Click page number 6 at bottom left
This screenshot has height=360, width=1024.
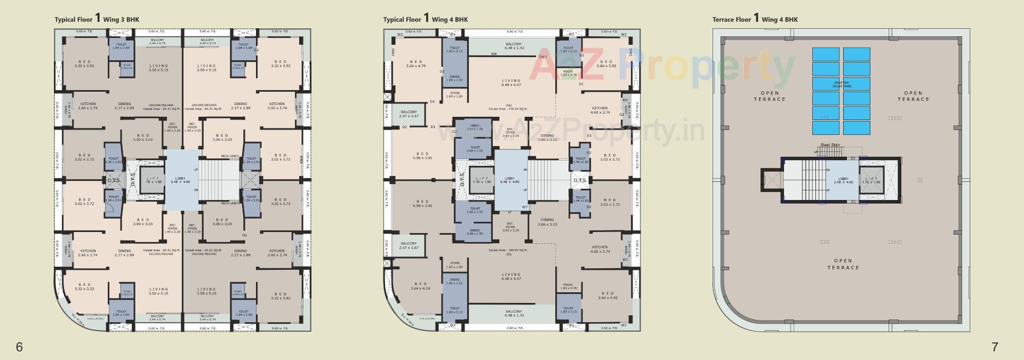point(19,347)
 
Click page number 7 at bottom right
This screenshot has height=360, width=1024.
point(995,347)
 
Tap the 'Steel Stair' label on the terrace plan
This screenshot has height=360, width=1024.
point(830,145)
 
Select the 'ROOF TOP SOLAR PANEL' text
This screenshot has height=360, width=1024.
point(841,85)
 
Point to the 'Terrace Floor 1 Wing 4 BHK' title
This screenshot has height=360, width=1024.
point(755,19)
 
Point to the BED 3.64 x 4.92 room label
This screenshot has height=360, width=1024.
point(607,295)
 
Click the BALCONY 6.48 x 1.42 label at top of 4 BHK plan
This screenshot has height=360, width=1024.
point(514,46)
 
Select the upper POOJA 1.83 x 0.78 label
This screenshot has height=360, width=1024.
point(568,73)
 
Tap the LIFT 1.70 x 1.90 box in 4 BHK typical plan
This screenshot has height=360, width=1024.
point(482,180)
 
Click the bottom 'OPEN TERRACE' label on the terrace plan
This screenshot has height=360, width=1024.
point(843,264)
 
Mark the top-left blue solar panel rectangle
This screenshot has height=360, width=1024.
point(826,54)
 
